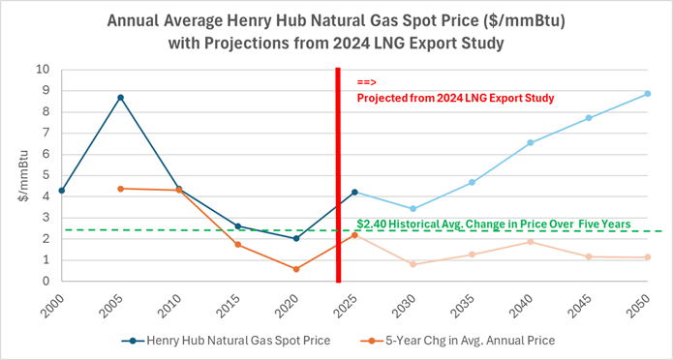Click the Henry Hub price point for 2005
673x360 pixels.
(x=120, y=98)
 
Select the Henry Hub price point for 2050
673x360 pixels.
(x=647, y=94)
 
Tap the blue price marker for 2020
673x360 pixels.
(x=296, y=238)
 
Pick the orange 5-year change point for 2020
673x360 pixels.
(x=296, y=269)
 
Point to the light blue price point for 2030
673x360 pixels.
(x=413, y=209)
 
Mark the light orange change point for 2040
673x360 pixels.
(x=531, y=242)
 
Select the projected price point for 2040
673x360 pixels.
(x=531, y=143)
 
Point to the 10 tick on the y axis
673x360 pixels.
(x=44, y=70)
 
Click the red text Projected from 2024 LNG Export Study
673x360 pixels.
(x=454, y=98)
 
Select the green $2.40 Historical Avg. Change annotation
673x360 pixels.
(x=494, y=224)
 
